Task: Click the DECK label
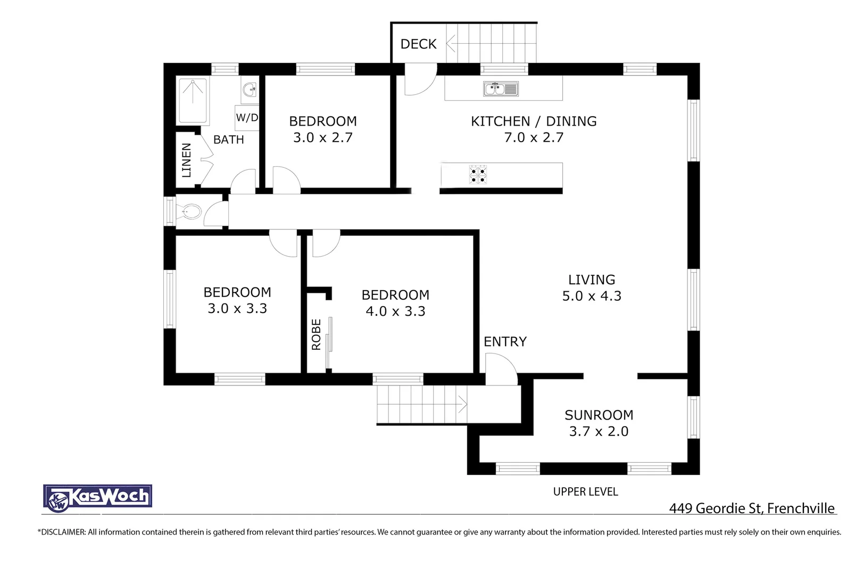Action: [418, 44]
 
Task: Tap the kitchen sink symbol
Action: [501, 89]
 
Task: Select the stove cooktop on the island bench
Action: [477, 174]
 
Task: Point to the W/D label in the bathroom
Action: [247, 118]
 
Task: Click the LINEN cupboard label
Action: [186, 160]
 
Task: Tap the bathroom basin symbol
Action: [250, 91]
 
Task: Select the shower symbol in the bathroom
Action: [193, 101]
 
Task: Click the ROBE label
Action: [316, 334]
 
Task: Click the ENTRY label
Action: [505, 342]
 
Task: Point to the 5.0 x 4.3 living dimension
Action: [592, 296]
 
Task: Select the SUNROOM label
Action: [599, 415]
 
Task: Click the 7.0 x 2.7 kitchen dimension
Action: [534, 137]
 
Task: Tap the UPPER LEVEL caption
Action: [585, 492]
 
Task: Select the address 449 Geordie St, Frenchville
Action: [752, 508]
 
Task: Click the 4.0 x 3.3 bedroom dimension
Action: [395, 311]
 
